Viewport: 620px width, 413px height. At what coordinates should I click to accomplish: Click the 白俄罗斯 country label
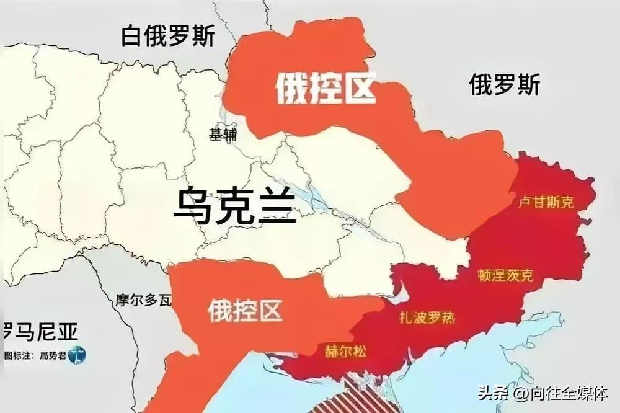[x=168, y=35]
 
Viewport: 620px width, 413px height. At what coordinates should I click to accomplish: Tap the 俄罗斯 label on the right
[x=504, y=84]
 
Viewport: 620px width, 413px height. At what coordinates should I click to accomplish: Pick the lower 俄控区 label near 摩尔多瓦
[x=245, y=309]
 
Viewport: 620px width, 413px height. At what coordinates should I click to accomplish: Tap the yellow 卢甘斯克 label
[x=546, y=203]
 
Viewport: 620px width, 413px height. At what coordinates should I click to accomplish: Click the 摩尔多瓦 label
[x=143, y=301]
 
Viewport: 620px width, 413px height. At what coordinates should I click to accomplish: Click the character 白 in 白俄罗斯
[x=131, y=35]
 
